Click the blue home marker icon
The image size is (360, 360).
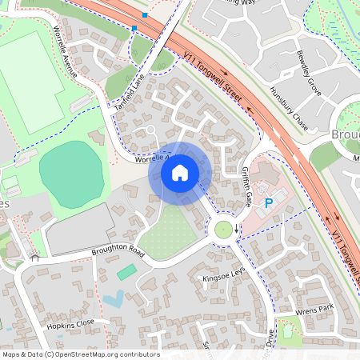[180, 172]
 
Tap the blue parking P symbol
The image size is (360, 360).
[269, 204]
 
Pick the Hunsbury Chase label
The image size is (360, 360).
[289, 105]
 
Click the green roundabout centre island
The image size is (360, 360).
[223, 230]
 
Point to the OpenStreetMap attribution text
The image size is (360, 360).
[80, 354]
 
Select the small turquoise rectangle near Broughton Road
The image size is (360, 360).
[126, 273]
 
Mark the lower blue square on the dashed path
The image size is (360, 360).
[134, 28]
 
